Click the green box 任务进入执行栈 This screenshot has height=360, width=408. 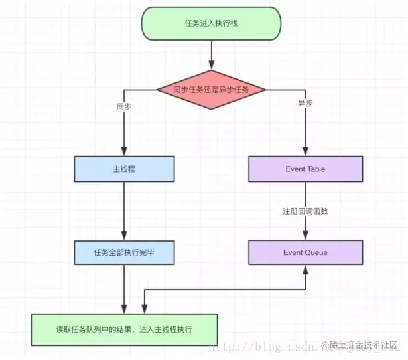click(x=210, y=23)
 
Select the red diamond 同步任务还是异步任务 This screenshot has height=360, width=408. click(x=210, y=89)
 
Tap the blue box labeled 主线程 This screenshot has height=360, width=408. click(x=125, y=169)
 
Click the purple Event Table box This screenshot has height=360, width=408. click(x=305, y=169)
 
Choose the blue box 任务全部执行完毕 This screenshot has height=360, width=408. click(x=125, y=252)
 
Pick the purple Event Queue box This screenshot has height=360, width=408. click(x=305, y=252)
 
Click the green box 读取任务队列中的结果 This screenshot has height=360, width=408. click(x=125, y=329)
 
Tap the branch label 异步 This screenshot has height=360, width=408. click(x=305, y=104)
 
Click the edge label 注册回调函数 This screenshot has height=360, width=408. click(x=305, y=211)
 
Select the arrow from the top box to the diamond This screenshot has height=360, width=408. click(x=210, y=54)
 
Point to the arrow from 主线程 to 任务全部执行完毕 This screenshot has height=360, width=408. click(x=125, y=211)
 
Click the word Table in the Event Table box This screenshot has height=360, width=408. click(x=316, y=169)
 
